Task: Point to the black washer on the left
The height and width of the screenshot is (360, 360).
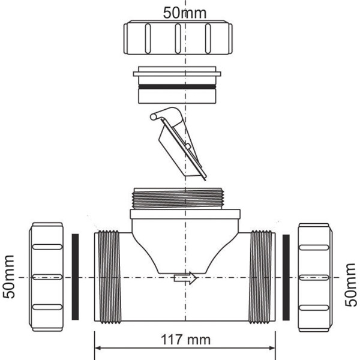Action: click(76, 277)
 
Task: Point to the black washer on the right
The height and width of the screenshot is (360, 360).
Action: click(286, 277)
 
